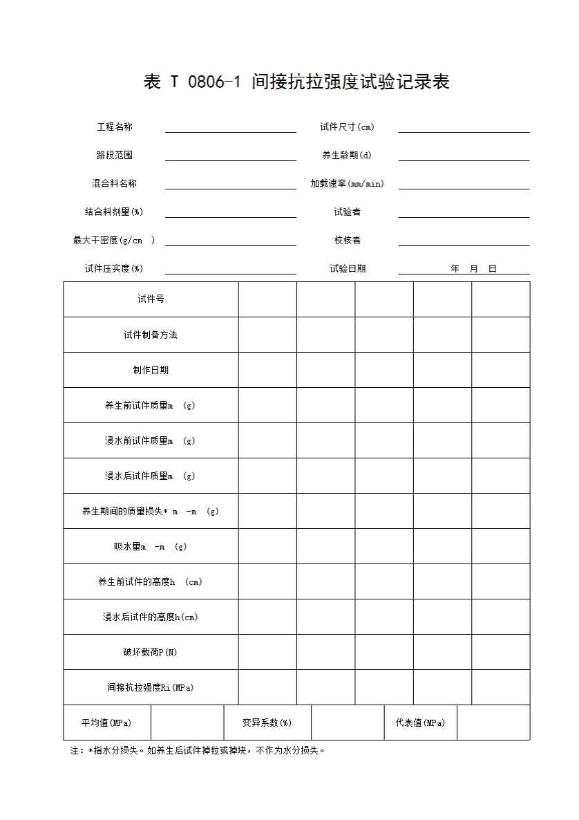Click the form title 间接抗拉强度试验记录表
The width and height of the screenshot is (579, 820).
296,82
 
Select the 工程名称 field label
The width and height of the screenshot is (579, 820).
115,127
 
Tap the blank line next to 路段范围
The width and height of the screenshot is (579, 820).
230,156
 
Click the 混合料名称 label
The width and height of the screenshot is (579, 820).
115,184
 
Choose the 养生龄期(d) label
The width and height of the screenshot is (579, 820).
347,156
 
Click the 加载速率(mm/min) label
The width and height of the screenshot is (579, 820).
347,184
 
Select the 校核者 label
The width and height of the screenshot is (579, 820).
347,241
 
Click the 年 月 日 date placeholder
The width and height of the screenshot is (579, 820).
474,269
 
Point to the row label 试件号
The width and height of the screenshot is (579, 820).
151,299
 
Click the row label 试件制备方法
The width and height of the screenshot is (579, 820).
151,335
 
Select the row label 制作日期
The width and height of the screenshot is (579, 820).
151,370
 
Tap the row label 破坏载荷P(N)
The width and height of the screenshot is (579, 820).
151,652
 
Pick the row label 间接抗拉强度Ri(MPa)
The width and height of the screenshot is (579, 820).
151,687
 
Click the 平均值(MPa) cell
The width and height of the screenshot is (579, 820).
106,723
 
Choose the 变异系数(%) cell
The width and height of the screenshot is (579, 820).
267,723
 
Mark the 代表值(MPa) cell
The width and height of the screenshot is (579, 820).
420,723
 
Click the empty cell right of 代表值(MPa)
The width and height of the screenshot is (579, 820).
493,723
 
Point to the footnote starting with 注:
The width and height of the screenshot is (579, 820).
198,750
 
